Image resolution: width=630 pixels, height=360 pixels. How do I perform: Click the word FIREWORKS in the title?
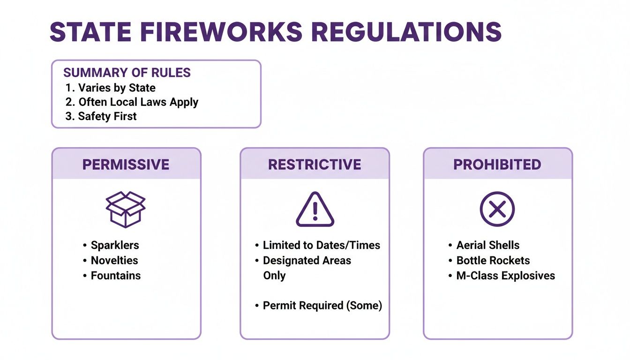(221, 32)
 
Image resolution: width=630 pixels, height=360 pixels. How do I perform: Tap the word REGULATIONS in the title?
(406, 32)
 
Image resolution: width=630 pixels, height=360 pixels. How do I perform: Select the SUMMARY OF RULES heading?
(127, 73)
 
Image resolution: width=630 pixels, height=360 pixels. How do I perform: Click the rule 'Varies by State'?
(110, 88)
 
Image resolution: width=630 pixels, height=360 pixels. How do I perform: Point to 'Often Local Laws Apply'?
(132, 102)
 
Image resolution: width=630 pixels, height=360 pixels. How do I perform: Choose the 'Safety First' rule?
(101, 116)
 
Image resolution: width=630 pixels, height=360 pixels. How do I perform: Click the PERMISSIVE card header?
(126, 165)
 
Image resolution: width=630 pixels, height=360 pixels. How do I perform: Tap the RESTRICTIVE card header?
(315, 165)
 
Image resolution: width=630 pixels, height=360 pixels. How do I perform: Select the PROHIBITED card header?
(497, 165)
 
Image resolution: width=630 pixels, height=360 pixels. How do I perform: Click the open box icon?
(126, 209)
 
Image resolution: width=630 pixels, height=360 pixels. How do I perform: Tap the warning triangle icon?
(315, 209)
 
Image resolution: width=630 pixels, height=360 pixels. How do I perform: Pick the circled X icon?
(497, 209)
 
